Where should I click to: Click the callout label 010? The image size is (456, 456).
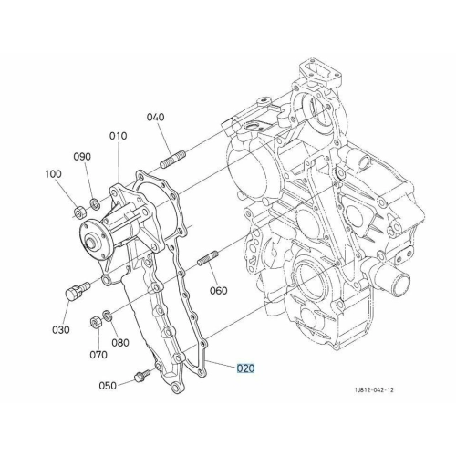pyautogui.click(x=119, y=136)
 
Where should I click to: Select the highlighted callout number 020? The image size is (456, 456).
pyautogui.click(x=245, y=368)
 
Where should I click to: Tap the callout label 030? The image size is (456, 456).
pyautogui.click(x=61, y=329)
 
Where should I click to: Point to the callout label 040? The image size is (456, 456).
pyautogui.click(x=156, y=117)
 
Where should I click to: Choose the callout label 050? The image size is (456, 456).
pyautogui.click(x=108, y=386)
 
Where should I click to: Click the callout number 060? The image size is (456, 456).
pyautogui.click(x=219, y=291)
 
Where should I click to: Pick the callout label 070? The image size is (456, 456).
pyautogui.click(x=98, y=355)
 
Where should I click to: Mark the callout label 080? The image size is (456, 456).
pyautogui.click(x=120, y=343)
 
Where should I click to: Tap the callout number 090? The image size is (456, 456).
pyautogui.click(x=82, y=157)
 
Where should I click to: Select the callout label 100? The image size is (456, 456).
pyautogui.click(x=53, y=174)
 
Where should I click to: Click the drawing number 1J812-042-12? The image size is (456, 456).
pyautogui.click(x=374, y=389)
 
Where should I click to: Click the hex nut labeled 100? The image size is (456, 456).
pyautogui.click(x=80, y=212)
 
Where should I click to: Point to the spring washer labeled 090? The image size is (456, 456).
pyautogui.click(x=95, y=202)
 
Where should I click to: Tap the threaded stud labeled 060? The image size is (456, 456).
pyautogui.click(x=208, y=258)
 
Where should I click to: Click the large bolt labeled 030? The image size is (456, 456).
pyautogui.click(x=78, y=290)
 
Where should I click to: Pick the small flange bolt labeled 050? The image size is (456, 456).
pyautogui.click(x=142, y=376)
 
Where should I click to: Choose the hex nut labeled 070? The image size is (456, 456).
pyautogui.click(x=97, y=323)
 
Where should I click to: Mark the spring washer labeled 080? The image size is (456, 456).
pyautogui.click(x=108, y=316)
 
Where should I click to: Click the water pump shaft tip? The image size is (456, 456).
pyautogui.click(x=90, y=244)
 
